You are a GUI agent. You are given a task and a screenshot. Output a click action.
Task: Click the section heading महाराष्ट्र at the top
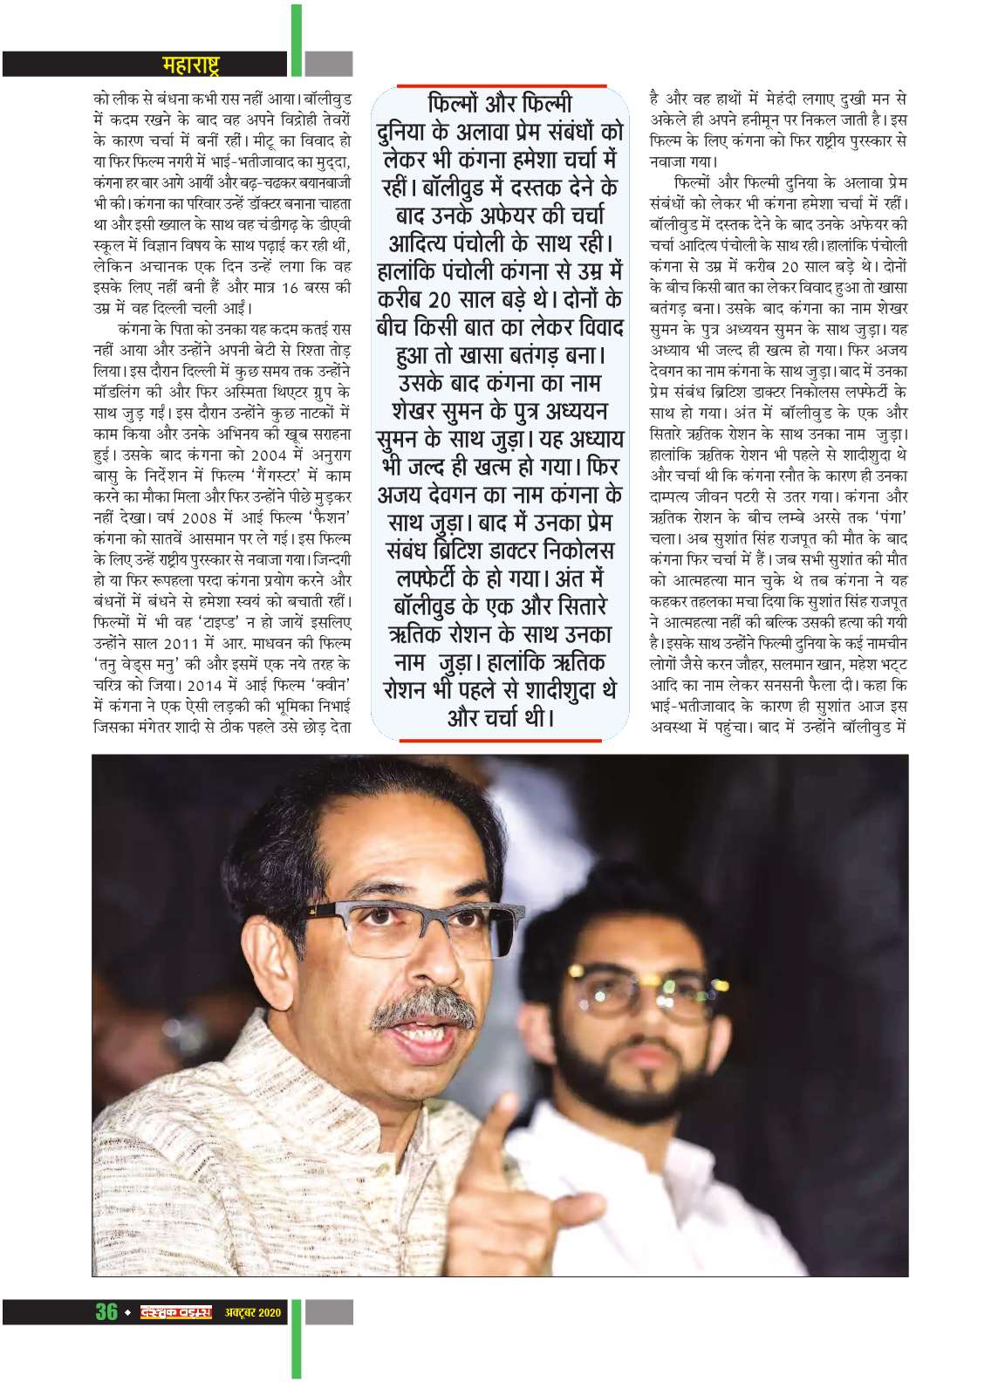click(x=191, y=64)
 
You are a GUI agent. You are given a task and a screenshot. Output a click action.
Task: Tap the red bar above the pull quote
click(x=501, y=86)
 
